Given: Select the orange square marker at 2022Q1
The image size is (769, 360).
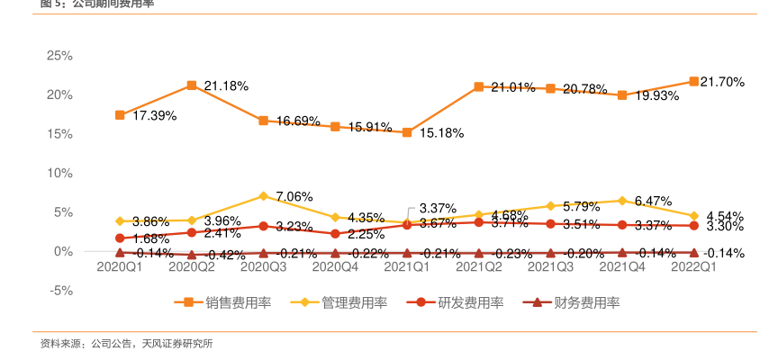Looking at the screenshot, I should pos(693,82).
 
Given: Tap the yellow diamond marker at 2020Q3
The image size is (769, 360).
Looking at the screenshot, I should pos(263,195).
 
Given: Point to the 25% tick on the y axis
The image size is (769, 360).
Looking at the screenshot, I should pos(59,56).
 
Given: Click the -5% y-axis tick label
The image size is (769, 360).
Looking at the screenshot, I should pos(59,290).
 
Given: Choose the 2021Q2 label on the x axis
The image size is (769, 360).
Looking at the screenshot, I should pos(479,266).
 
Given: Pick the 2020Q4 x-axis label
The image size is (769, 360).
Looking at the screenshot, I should pos(335,266).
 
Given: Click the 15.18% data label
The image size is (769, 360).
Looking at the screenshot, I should pos(441,133).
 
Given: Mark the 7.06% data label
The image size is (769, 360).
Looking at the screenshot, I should pos(294,196).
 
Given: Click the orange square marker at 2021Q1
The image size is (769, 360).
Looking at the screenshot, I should pos(407,132).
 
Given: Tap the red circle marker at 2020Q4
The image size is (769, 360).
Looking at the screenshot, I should pos(335,234).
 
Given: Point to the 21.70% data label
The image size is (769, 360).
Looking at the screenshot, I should pos(722,82).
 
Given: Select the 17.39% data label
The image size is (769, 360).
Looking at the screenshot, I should pos(155,116).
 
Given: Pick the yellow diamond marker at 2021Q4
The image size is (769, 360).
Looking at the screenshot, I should pos(621,200).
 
